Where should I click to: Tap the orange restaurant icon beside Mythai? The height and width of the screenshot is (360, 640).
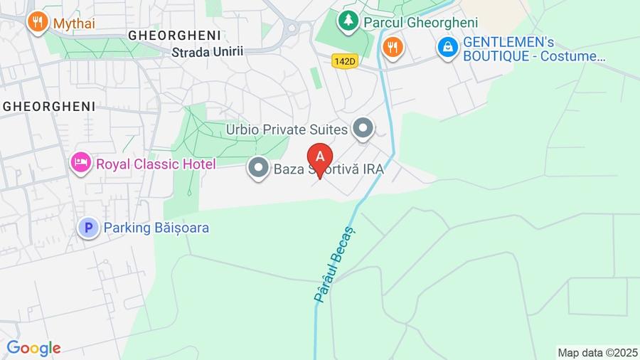(37, 22)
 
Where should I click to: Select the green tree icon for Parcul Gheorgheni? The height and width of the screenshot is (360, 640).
(348, 21)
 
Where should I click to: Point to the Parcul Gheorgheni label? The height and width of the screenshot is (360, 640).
(420, 23)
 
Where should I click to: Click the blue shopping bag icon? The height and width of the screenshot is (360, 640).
(447, 48)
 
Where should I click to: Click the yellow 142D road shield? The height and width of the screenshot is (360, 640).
(344, 62)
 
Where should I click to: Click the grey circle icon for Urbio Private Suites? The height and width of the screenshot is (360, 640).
(363, 129)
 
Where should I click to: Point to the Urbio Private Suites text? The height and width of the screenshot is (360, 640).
(287, 129)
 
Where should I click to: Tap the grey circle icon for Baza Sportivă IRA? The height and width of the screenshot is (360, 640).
(257, 169)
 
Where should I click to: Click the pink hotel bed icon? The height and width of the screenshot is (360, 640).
(80, 164)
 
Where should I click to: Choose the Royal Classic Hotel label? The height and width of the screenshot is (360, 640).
(156, 164)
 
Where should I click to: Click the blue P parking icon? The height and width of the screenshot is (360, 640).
(88, 228)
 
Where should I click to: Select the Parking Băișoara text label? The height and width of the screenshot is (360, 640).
(156, 228)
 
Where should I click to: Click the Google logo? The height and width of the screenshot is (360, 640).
(33, 348)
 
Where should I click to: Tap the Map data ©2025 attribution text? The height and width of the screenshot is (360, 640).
(597, 352)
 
